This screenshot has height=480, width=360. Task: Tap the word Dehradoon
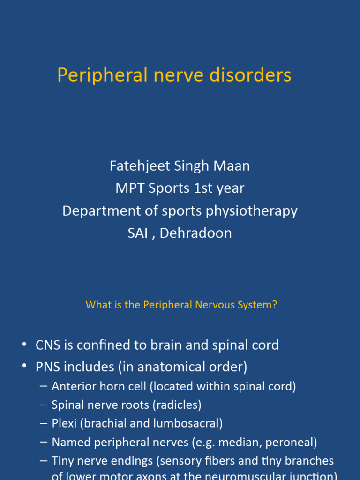(x=195, y=233)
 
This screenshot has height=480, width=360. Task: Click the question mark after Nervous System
(x=275, y=305)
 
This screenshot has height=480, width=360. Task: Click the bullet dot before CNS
(x=24, y=345)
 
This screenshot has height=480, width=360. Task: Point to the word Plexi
(x=64, y=423)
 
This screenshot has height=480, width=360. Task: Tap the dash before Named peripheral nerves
(x=44, y=442)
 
